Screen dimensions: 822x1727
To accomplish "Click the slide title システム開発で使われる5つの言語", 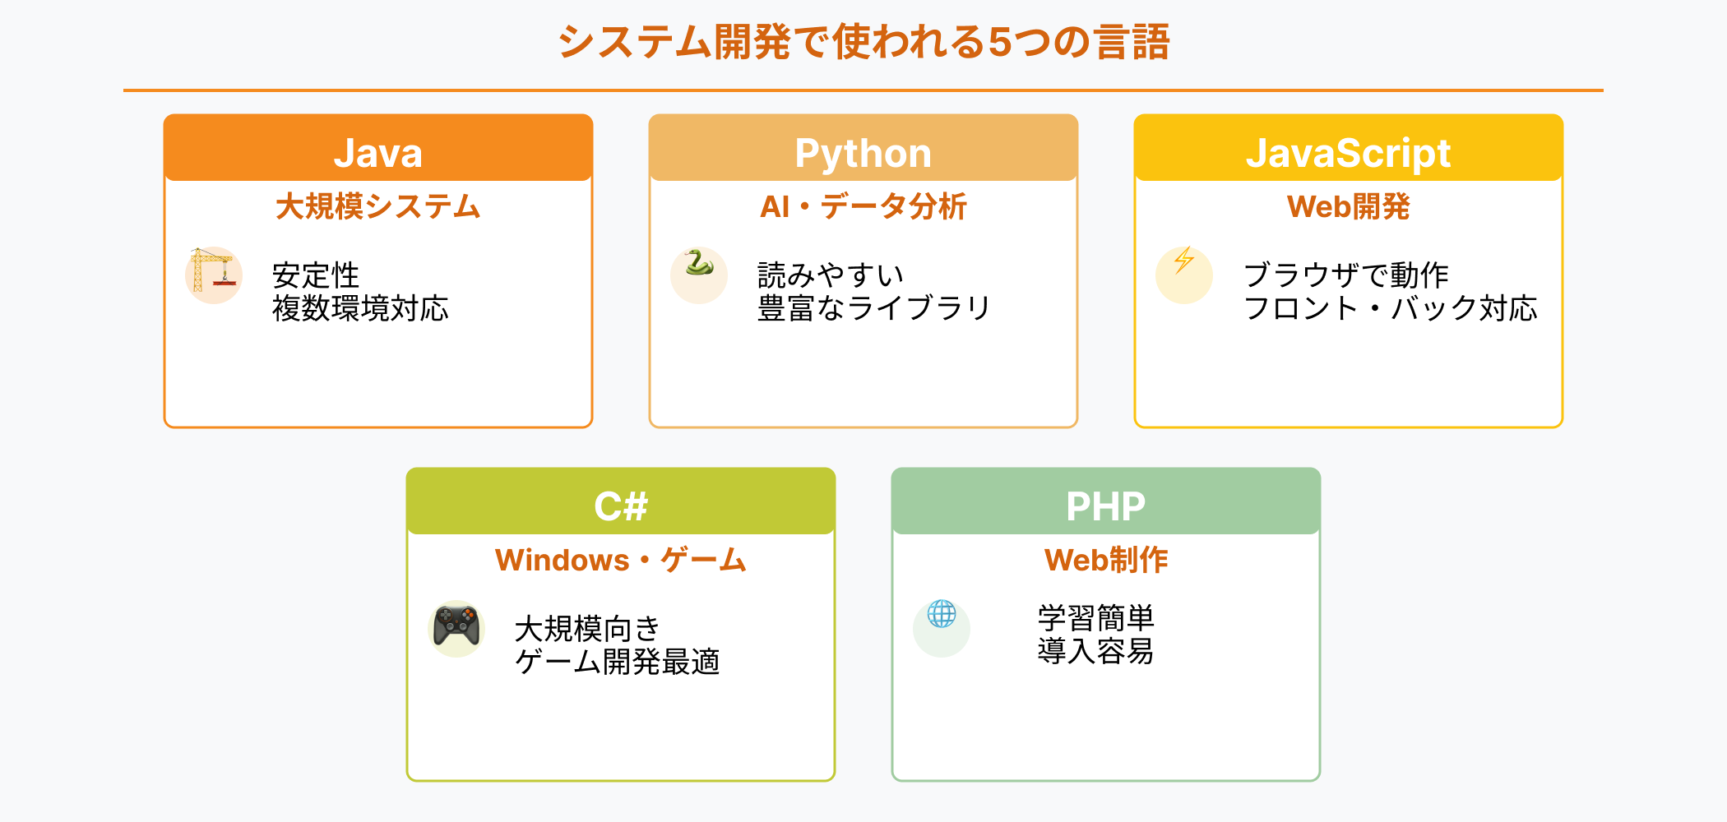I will tap(863, 41).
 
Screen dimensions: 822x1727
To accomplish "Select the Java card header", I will tap(378, 153).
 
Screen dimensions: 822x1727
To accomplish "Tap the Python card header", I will tap(863, 153).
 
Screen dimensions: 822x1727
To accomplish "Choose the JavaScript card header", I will tap(1349, 153).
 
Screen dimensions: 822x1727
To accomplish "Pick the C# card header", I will tap(621, 506).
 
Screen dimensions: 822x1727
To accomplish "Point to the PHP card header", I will tap(1106, 506).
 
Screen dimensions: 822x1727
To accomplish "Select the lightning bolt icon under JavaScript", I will tap(1184, 261).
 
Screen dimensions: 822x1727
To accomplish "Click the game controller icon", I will tap(456, 626).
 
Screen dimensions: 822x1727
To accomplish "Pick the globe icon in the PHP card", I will tap(942, 614).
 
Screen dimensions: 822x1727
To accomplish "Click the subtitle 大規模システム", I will tap(378, 206).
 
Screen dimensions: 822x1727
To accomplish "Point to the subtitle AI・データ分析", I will tap(863, 206).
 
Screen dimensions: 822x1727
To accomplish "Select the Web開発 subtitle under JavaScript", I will tap(1349, 206).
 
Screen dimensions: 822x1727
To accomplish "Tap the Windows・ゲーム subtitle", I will tap(621, 560).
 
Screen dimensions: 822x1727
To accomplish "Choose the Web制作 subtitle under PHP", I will tap(1106, 560).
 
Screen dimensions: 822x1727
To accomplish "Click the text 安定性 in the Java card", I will tap(316, 275).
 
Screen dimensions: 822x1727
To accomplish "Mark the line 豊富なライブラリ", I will tap(873, 308).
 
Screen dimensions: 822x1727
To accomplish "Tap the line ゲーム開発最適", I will tap(617, 662).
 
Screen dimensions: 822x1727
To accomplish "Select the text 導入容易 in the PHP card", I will tap(1095, 651).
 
